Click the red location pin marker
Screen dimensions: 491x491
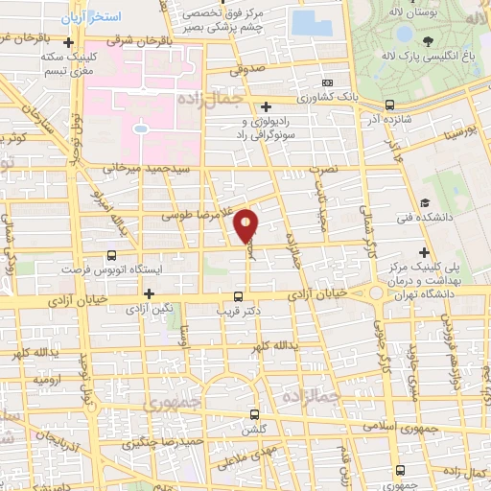click(247, 226)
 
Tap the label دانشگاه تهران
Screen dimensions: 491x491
click(430, 292)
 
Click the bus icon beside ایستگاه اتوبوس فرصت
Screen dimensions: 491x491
click(113, 256)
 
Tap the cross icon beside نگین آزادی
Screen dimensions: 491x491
click(149, 294)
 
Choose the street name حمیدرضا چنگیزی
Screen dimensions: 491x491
click(190, 440)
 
